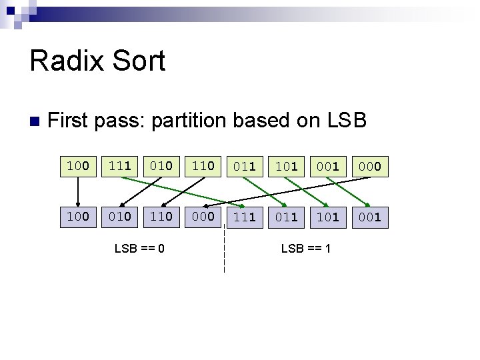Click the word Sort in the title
(139, 61)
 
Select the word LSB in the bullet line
(346, 121)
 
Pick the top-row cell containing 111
(120, 165)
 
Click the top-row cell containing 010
(161, 165)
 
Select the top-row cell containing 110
(203, 165)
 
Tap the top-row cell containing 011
(245, 166)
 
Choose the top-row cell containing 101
(286, 166)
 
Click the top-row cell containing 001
(327, 166)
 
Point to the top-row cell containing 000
(369, 166)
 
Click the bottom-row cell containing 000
(203, 216)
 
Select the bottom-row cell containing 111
(245, 217)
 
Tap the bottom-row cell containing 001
(369, 217)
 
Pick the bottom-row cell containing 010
(120, 216)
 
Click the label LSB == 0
(140, 249)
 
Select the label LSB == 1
(307, 249)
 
